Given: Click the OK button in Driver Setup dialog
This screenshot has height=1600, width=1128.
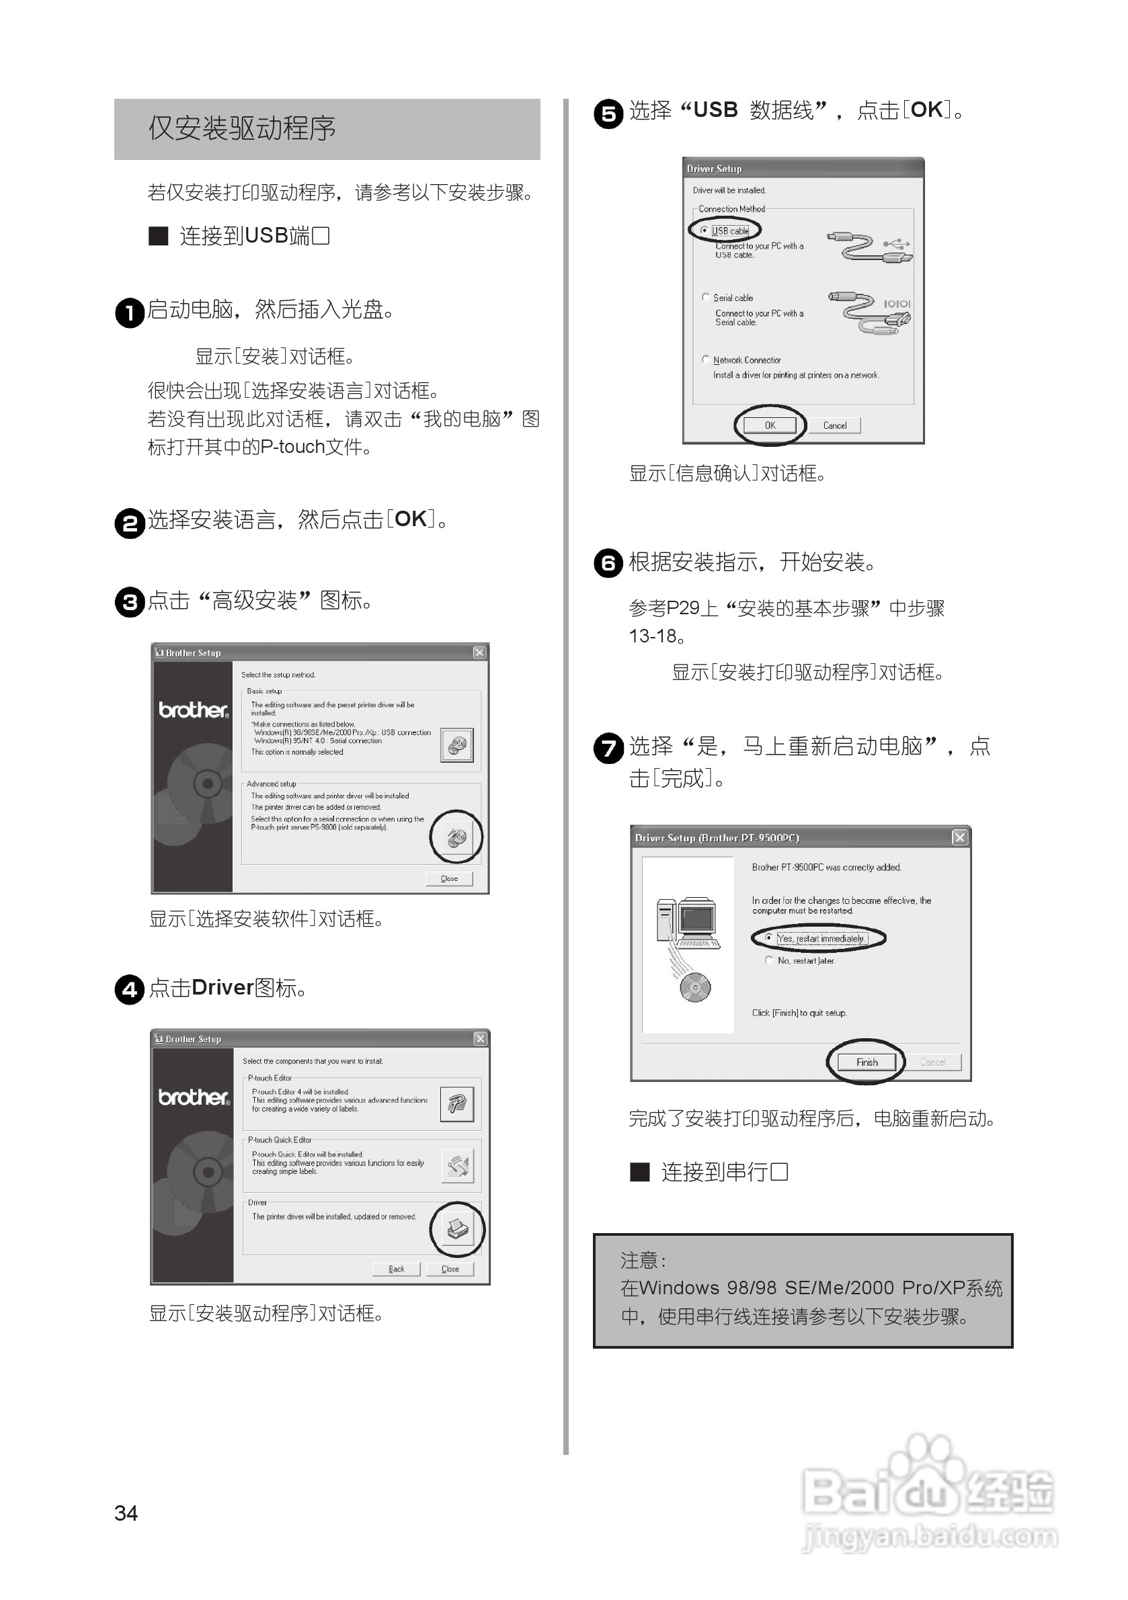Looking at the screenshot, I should (x=770, y=425).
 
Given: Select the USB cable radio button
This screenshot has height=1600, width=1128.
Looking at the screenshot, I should (x=704, y=230).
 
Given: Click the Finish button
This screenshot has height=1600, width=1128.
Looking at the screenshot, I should (x=867, y=1062).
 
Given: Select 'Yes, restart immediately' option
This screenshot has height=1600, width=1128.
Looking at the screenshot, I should (x=769, y=938).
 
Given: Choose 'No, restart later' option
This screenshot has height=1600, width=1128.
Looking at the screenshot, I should (x=769, y=960).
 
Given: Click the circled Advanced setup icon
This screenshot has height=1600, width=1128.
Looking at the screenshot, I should (x=456, y=837).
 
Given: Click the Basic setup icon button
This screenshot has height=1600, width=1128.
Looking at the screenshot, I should (x=456, y=745).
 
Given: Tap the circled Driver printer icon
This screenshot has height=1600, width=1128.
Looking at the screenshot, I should (x=457, y=1229).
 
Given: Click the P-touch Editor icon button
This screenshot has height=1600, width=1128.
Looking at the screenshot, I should (x=456, y=1103).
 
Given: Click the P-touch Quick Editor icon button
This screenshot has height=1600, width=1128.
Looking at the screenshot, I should (x=457, y=1166).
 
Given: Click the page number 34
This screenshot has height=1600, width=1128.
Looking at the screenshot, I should (x=126, y=1513).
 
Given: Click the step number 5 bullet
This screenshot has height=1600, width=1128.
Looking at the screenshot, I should (x=608, y=114).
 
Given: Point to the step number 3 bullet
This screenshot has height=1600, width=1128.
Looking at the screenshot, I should (x=130, y=601).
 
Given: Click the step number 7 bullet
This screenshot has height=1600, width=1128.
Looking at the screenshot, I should (x=608, y=749).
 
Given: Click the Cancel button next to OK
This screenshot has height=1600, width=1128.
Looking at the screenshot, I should (x=834, y=425).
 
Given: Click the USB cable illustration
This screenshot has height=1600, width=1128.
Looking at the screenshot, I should (x=869, y=247).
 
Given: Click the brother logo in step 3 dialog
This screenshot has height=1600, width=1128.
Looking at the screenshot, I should (x=193, y=710).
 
